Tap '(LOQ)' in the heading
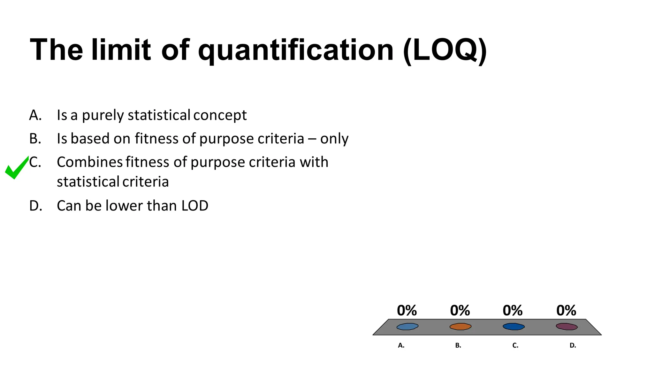pyautogui.click(x=445, y=50)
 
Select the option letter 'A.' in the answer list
pyautogui.click(x=35, y=115)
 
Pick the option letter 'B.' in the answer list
pyautogui.click(x=35, y=139)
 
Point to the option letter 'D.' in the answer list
pyautogui.click(x=36, y=206)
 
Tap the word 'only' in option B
pyautogui.click(x=334, y=139)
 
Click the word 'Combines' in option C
pyautogui.click(x=90, y=162)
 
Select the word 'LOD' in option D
pyautogui.click(x=195, y=206)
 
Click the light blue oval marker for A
pyautogui.click(x=407, y=326)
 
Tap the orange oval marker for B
pyautogui.click(x=460, y=326)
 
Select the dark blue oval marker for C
pyautogui.click(x=513, y=326)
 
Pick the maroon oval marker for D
pyautogui.click(x=567, y=326)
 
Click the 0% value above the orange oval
pyautogui.click(x=460, y=310)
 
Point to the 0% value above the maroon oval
pyautogui.click(x=566, y=310)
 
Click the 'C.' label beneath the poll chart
pyautogui.click(x=515, y=345)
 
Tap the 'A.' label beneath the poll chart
pyautogui.click(x=401, y=345)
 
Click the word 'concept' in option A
pyautogui.click(x=220, y=115)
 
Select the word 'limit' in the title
pyautogui.click(x=121, y=50)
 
